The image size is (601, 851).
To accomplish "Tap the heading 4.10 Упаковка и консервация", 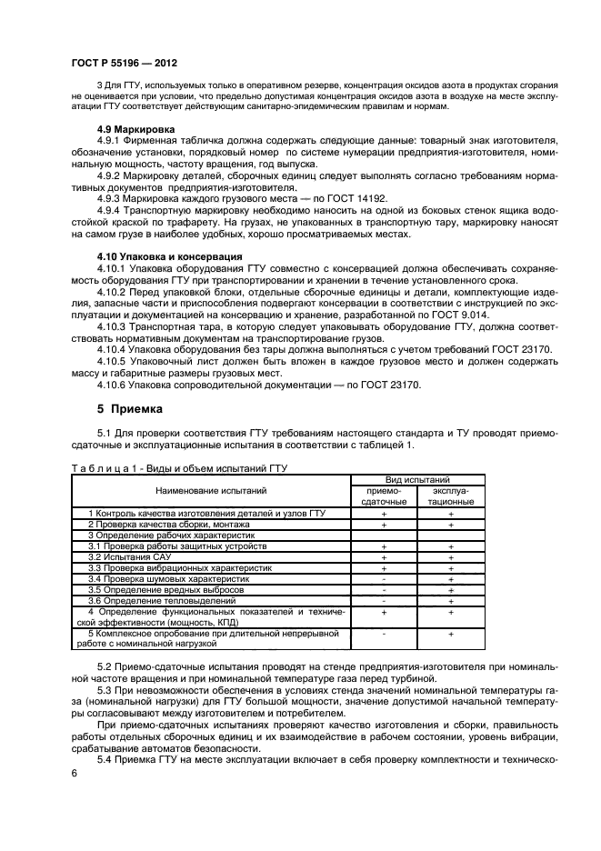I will [169, 256].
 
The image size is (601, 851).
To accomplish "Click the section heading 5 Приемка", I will [129, 409].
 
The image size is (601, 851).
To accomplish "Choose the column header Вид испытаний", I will [417, 479].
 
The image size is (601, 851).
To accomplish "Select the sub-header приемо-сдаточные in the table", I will [384, 496].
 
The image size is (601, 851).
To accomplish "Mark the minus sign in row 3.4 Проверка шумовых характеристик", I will [384, 578].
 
